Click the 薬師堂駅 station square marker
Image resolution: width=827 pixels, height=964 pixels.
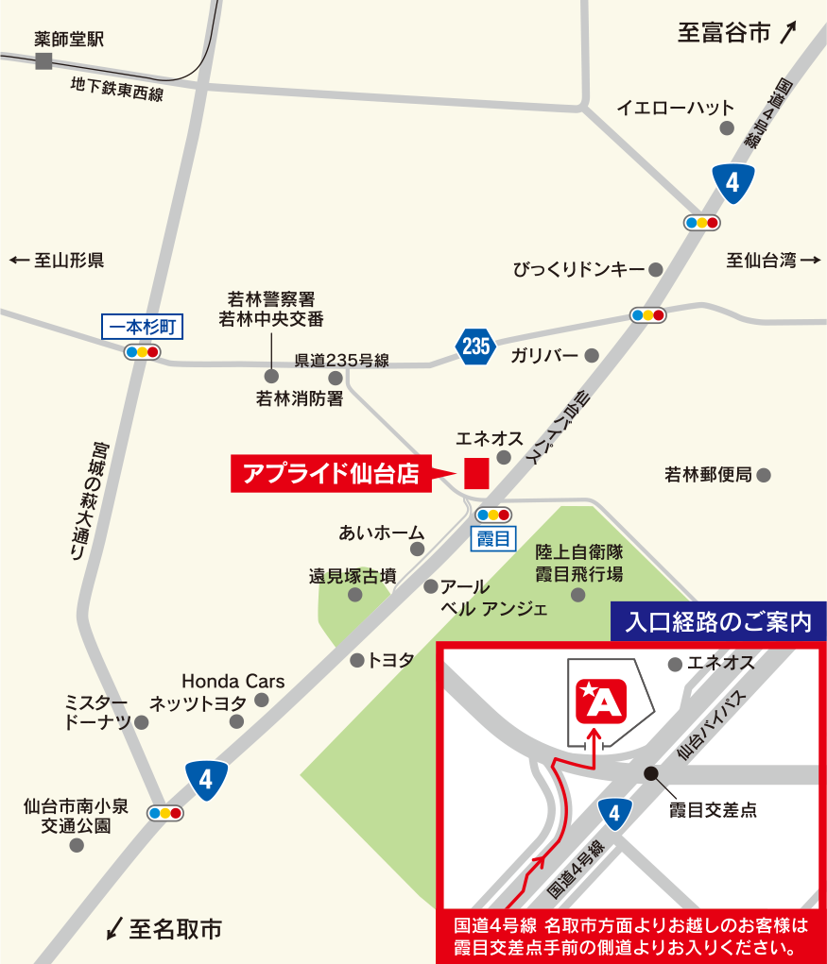pos(43,61)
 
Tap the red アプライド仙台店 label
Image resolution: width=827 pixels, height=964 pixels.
pos(331,473)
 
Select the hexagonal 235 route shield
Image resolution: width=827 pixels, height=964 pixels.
pos(475,347)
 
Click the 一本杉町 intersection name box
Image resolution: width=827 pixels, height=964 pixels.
pos(142,327)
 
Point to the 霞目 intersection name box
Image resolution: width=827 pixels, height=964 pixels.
pos(492,539)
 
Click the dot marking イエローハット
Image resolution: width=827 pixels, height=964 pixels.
pos(726,127)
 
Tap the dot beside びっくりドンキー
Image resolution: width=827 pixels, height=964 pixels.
pos(656,270)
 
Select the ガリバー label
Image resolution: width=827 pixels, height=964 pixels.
pos(544,356)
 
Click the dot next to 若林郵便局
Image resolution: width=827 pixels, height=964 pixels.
pos(764,475)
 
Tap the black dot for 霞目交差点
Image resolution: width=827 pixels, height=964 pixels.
pos(650,773)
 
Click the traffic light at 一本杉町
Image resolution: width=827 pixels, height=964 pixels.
pos(142,352)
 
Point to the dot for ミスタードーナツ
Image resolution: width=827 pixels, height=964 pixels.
pos(142,722)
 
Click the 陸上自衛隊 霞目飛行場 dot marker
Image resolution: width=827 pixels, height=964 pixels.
pos(578,594)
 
